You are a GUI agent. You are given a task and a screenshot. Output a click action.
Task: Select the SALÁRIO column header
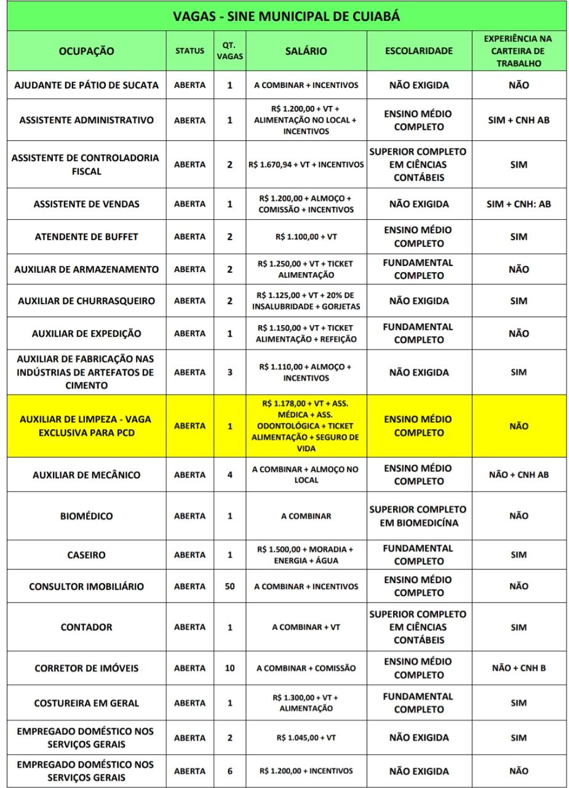click(x=306, y=52)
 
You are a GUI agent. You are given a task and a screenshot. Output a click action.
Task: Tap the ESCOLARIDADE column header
click(x=419, y=52)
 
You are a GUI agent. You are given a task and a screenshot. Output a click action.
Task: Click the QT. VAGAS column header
click(x=229, y=52)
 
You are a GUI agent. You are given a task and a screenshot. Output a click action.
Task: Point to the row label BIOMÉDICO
click(x=86, y=516)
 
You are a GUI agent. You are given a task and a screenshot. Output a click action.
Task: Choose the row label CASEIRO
click(x=86, y=555)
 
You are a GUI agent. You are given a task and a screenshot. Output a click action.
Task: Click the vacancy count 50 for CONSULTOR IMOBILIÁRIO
click(x=229, y=587)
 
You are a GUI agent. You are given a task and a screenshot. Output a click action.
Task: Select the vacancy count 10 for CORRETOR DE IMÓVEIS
click(x=229, y=668)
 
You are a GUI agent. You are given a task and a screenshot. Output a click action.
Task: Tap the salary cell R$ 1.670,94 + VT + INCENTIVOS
click(x=306, y=165)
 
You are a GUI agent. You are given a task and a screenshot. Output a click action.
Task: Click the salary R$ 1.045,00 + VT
click(x=306, y=738)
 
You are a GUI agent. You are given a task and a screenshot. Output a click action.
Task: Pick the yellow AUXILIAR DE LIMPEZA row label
click(x=86, y=425)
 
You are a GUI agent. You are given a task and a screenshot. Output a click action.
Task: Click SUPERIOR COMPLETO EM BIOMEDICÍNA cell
click(x=419, y=516)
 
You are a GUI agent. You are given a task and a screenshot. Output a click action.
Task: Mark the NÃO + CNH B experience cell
click(x=519, y=668)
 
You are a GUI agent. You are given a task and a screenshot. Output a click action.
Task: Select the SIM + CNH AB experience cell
click(x=519, y=120)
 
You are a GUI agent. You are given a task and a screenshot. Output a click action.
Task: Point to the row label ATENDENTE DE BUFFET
click(x=86, y=236)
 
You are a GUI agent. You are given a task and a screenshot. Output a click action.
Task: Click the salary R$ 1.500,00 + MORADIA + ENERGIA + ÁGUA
click(x=306, y=555)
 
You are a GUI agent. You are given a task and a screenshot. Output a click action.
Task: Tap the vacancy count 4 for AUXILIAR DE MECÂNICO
click(x=229, y=475)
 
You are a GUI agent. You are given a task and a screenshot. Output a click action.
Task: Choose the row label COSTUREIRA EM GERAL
click(x=86, y=703)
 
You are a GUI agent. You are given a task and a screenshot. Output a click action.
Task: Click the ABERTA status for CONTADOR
click(x=189, y=627)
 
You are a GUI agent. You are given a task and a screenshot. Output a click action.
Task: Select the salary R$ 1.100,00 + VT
click(x=306, y=236)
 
